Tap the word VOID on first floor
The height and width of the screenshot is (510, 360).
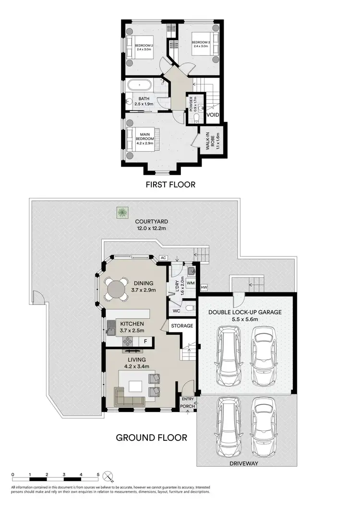click(x=213, y=115)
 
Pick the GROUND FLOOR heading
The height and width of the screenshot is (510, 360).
click(x=152, y=437)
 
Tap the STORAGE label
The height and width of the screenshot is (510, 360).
click(x=182, y=326)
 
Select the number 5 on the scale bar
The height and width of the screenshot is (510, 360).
click(x=98, y=474)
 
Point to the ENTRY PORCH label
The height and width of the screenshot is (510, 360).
click(x=188, y=402)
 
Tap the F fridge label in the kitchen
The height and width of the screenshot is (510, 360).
click(x=146, y=341)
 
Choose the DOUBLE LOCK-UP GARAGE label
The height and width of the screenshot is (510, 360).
click(x=245, y=312)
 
